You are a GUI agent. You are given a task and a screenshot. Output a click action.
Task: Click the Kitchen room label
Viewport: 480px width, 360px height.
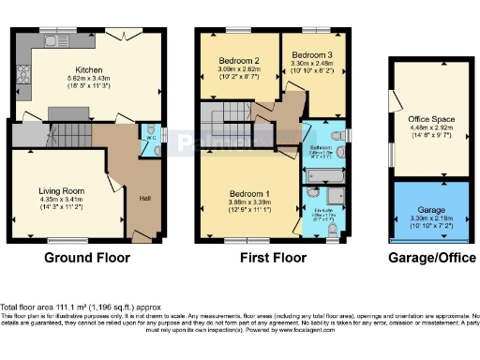click(x=89, y=68)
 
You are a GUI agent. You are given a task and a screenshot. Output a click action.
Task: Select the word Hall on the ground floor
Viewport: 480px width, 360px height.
click(x=145, y=199)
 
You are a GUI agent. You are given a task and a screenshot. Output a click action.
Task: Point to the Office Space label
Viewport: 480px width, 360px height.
click(x=430, y=120)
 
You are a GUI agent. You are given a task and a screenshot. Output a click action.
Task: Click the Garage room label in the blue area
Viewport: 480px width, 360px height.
click(x=431, y=209)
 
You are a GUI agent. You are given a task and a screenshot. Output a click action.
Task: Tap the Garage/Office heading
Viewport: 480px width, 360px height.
click(x=431, y=256)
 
